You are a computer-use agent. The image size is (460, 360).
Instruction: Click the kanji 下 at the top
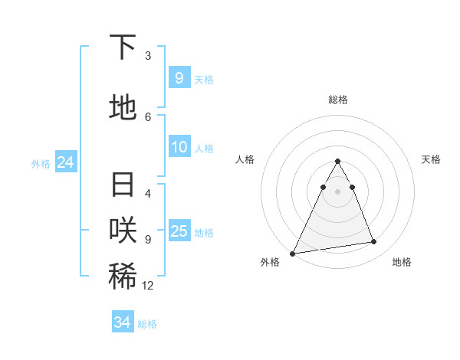click(123, 47)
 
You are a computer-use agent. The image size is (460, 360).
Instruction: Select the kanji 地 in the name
click(123, 109)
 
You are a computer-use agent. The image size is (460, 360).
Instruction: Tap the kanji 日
click(123, 185)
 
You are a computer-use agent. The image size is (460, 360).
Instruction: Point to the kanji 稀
click(123, 277)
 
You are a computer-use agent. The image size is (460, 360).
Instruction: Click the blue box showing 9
click(179, 77)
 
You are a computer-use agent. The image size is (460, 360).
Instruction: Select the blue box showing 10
click(179, 147)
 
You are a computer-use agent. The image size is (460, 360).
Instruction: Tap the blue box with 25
click(179, 231)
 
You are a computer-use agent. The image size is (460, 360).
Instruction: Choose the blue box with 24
click(65, 162)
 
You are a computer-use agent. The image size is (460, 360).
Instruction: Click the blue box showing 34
click(122, 322)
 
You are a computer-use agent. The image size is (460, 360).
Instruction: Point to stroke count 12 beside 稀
click(148, 286)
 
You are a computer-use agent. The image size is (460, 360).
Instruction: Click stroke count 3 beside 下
click(148, 56)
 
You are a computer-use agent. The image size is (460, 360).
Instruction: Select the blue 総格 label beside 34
click(147, 324)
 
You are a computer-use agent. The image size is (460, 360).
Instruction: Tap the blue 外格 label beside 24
click(41, 164)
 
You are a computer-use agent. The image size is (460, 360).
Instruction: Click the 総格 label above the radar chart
click(337, 100)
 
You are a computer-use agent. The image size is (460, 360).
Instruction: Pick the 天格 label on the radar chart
click(431, 159)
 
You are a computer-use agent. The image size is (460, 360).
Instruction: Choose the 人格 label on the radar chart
click(245, 159)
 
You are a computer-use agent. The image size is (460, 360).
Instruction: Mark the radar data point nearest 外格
click(293, 254)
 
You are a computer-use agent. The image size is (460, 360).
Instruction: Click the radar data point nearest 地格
click(374, 242)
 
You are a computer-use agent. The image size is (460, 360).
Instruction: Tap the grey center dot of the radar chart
click(337, 191)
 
